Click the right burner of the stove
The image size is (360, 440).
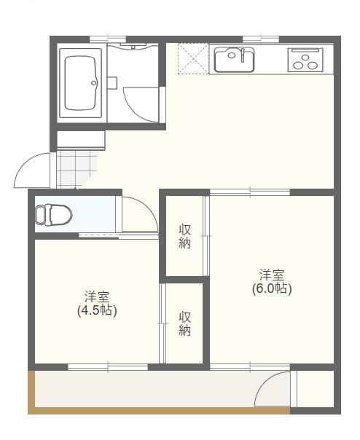point(313,65)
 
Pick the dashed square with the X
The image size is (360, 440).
point(194,58)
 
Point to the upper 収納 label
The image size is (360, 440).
point(185,237)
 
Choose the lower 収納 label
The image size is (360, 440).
point(185,323)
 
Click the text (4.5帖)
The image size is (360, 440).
point(97,310)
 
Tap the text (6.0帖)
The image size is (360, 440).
point(272,288)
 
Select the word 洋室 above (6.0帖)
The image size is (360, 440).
point(272,275)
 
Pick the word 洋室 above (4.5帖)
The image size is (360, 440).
point(97,296)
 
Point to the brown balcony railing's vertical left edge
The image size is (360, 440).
point(31,392)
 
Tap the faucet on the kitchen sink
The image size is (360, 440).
point(233,51)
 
